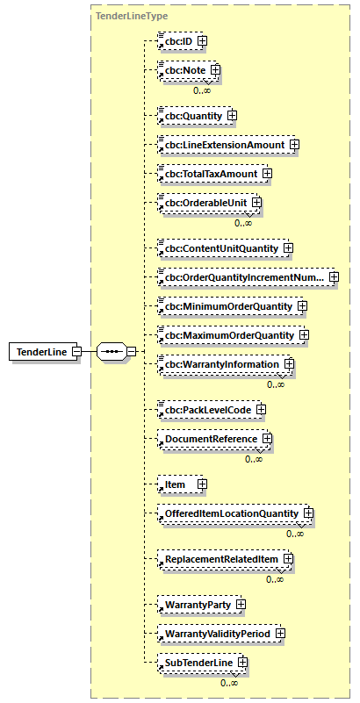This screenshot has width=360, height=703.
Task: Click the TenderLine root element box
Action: click(40, 352)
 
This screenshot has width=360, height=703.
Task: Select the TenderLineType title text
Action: click(119, 16)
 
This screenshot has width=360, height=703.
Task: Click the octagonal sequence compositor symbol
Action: click(110, 352)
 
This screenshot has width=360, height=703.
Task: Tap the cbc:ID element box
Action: click(176, 40)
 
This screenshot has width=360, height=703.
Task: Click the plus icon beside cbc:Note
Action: click(213, 70)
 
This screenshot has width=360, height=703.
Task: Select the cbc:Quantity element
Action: click(191, 115)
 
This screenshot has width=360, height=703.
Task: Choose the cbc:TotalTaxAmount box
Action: click(207, 174)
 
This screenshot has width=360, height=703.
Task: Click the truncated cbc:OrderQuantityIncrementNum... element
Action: click(241, 278)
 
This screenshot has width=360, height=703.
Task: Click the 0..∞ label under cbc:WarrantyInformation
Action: click(276, 384)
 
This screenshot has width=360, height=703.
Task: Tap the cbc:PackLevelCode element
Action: click(204, 410)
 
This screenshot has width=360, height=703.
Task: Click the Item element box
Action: click(176, 484)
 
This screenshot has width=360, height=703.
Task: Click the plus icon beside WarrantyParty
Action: click(241, 604)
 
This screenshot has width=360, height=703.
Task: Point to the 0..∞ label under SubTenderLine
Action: click(229, 683)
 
